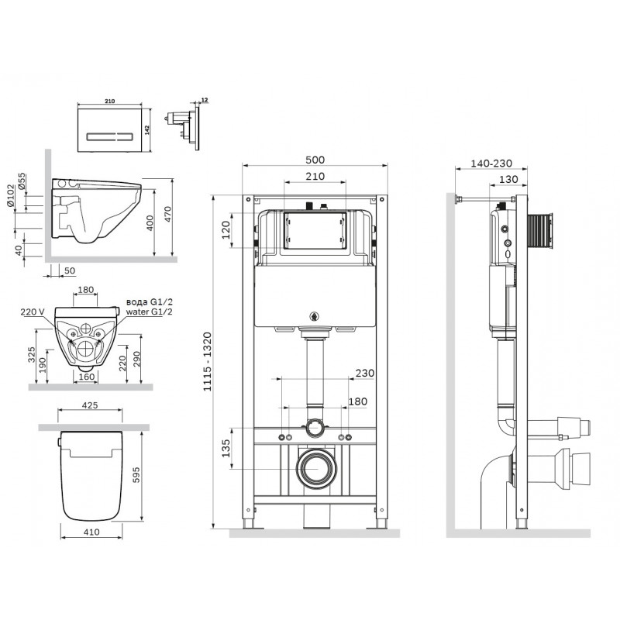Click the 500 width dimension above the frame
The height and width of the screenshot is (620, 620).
pos(315,160)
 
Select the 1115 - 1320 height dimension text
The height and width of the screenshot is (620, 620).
pos(208,362)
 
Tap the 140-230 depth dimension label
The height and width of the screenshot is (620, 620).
pos(491,163)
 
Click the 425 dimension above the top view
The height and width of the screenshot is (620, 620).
pos(90,405)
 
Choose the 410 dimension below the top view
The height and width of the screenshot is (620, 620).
pos(91,532)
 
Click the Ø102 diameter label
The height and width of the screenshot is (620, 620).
pos(10,196)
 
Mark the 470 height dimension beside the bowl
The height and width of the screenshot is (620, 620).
pos(167,214)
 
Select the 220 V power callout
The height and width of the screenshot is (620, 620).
pos(33,312)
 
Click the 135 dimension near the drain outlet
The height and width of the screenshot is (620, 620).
pos(226,448)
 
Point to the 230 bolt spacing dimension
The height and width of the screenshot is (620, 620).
pos(364,373)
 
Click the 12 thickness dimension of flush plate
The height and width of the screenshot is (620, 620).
pos(205,100)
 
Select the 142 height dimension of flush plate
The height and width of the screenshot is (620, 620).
pos(146,130)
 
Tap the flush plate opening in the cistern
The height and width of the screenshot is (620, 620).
pos(315,230)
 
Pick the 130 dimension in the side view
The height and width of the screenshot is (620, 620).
pos(508,179)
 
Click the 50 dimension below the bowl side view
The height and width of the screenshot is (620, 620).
pos(70,270)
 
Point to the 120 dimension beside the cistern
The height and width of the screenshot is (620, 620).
pos(226,229)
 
